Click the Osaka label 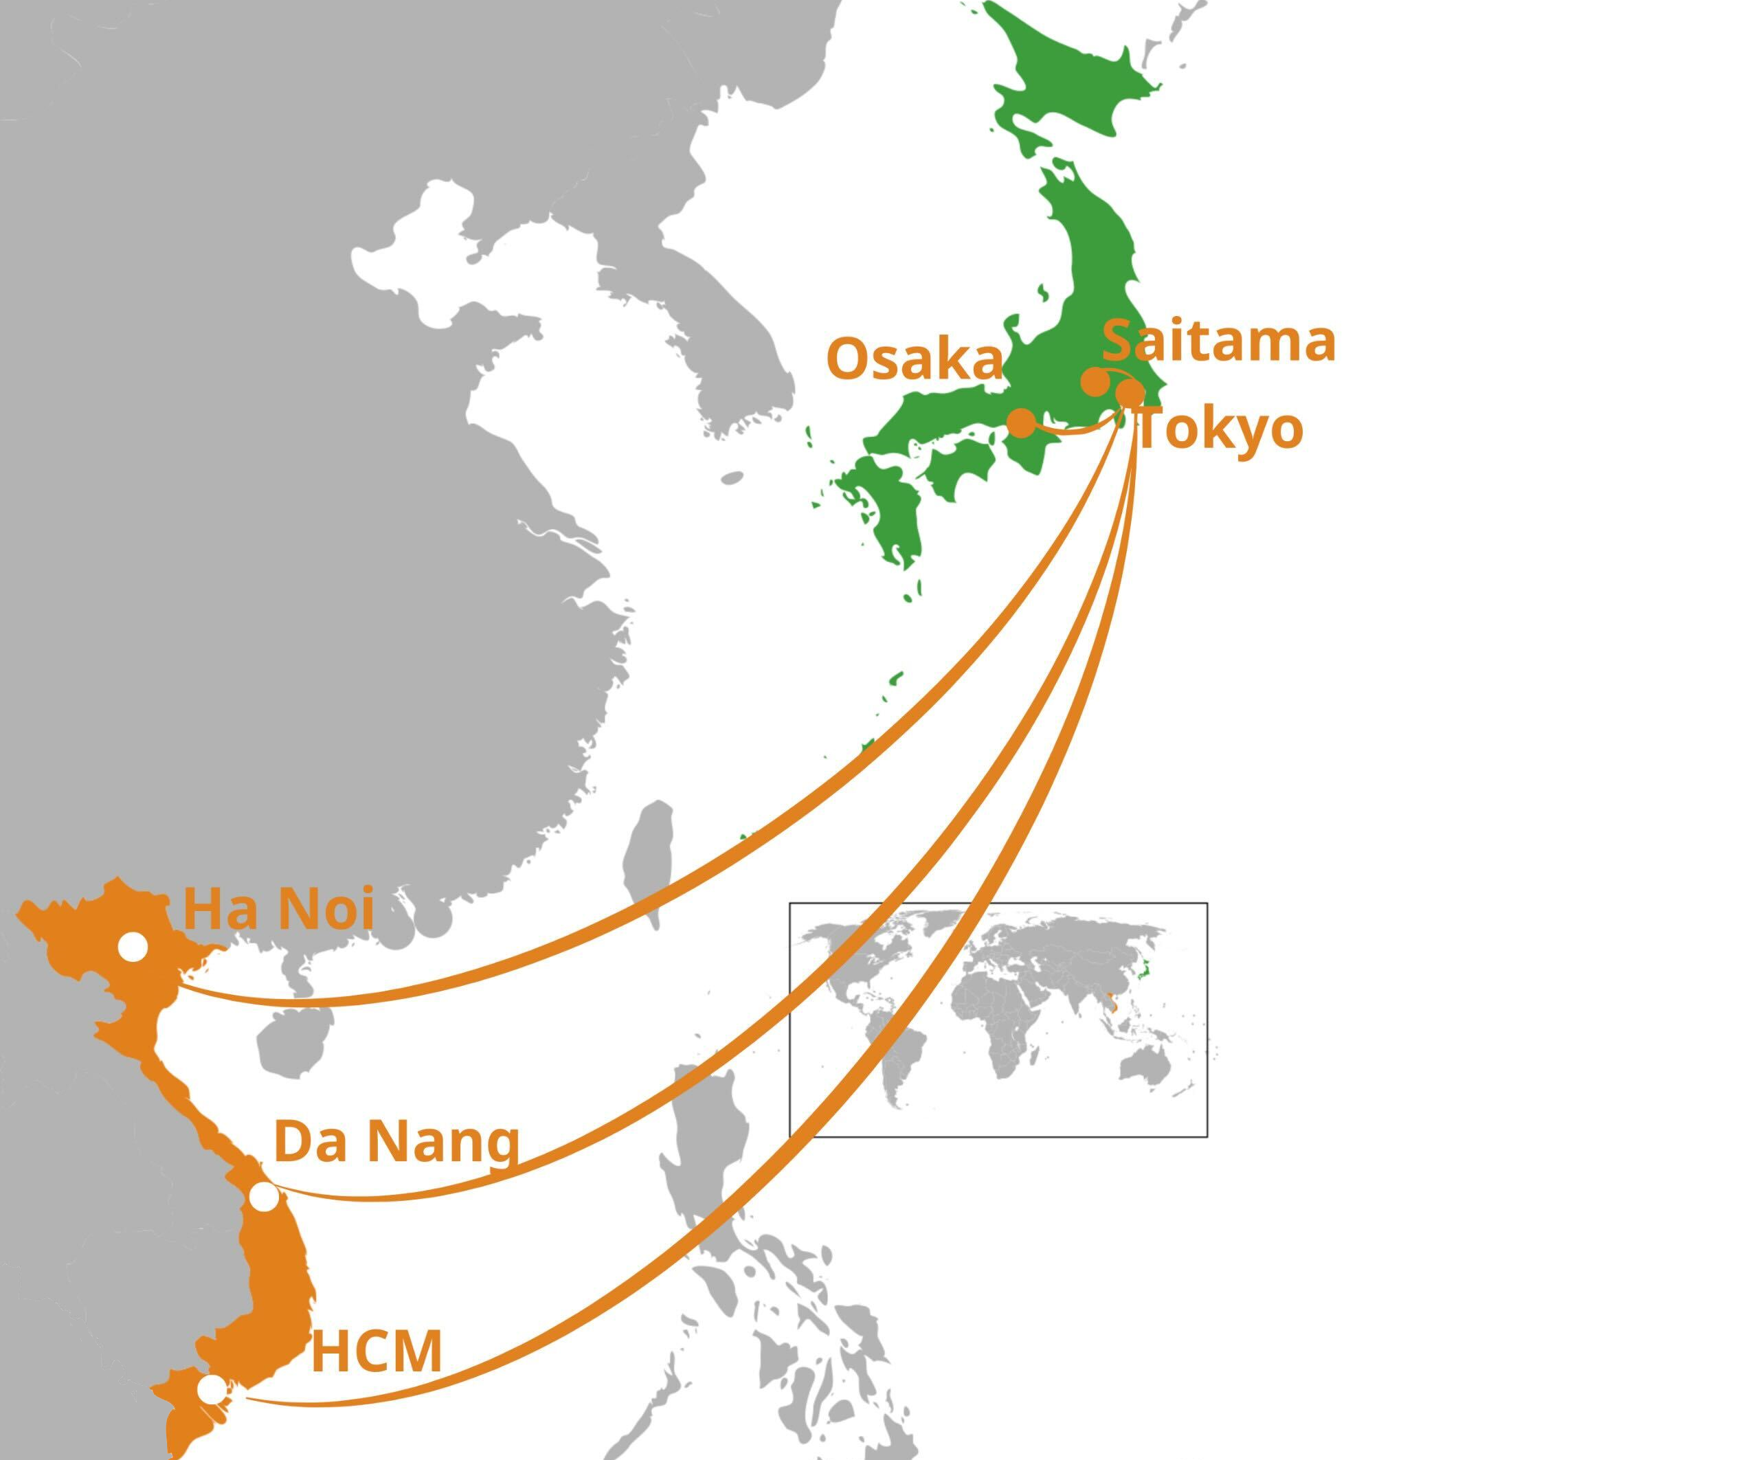click(x=914, y=359)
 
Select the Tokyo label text click(x=1220, y=429)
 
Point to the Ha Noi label click(x=278, y=909)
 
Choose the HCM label click(x=376, y=1351)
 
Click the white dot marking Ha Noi click(x=133, y=947)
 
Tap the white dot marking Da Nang click(x=264, y=1196)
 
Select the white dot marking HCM click(x=212, y=1389)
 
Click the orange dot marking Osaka click(x=1021, y=423)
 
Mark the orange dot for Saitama click(x=1095, y=382)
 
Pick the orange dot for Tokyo click(x=1130, y=392)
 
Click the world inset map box click(x=998, y=1020)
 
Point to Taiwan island click(x=649, y=863)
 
